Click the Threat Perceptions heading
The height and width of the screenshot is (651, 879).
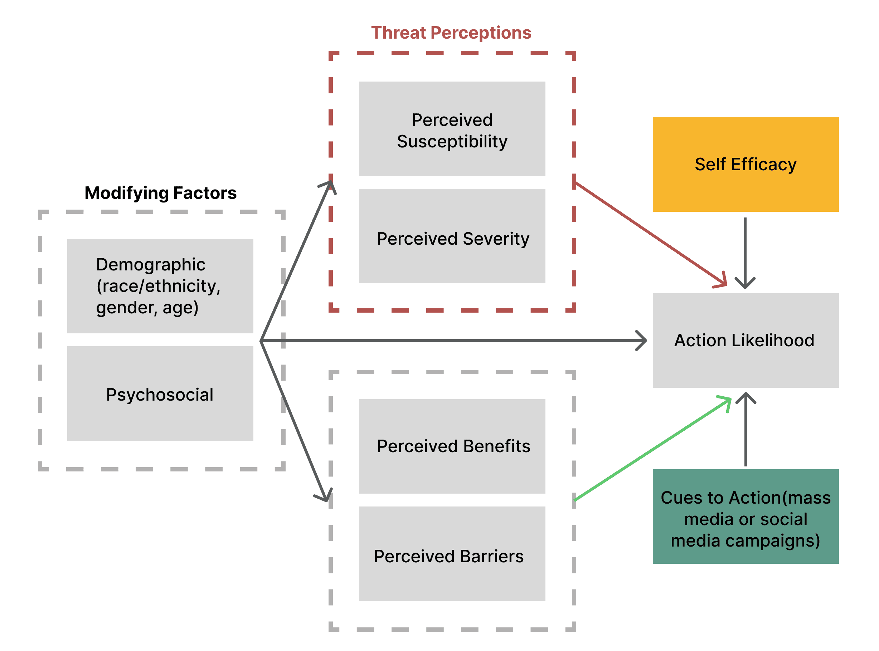[x=451, y=33]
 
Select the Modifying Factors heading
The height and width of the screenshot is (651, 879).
[x=160, y=193]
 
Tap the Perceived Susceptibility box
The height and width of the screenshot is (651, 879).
[x=452, y=129]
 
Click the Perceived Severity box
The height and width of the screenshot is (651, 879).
[x=452, y=236]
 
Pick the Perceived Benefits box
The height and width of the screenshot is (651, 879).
[x=452, y=446]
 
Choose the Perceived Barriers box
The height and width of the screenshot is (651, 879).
[x=452, y=554]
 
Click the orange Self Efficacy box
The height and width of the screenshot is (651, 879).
[x=745, y=164]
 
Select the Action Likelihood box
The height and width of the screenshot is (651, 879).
[x=745, y=341]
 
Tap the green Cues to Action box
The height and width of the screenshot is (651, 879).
[x=745, y=517]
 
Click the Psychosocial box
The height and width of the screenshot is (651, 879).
[x=160, y=394]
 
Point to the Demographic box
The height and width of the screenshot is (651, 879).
[x=160, y=286]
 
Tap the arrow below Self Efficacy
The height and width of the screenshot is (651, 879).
[x=745, y=252]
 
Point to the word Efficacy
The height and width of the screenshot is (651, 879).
[x=763, y=164]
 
